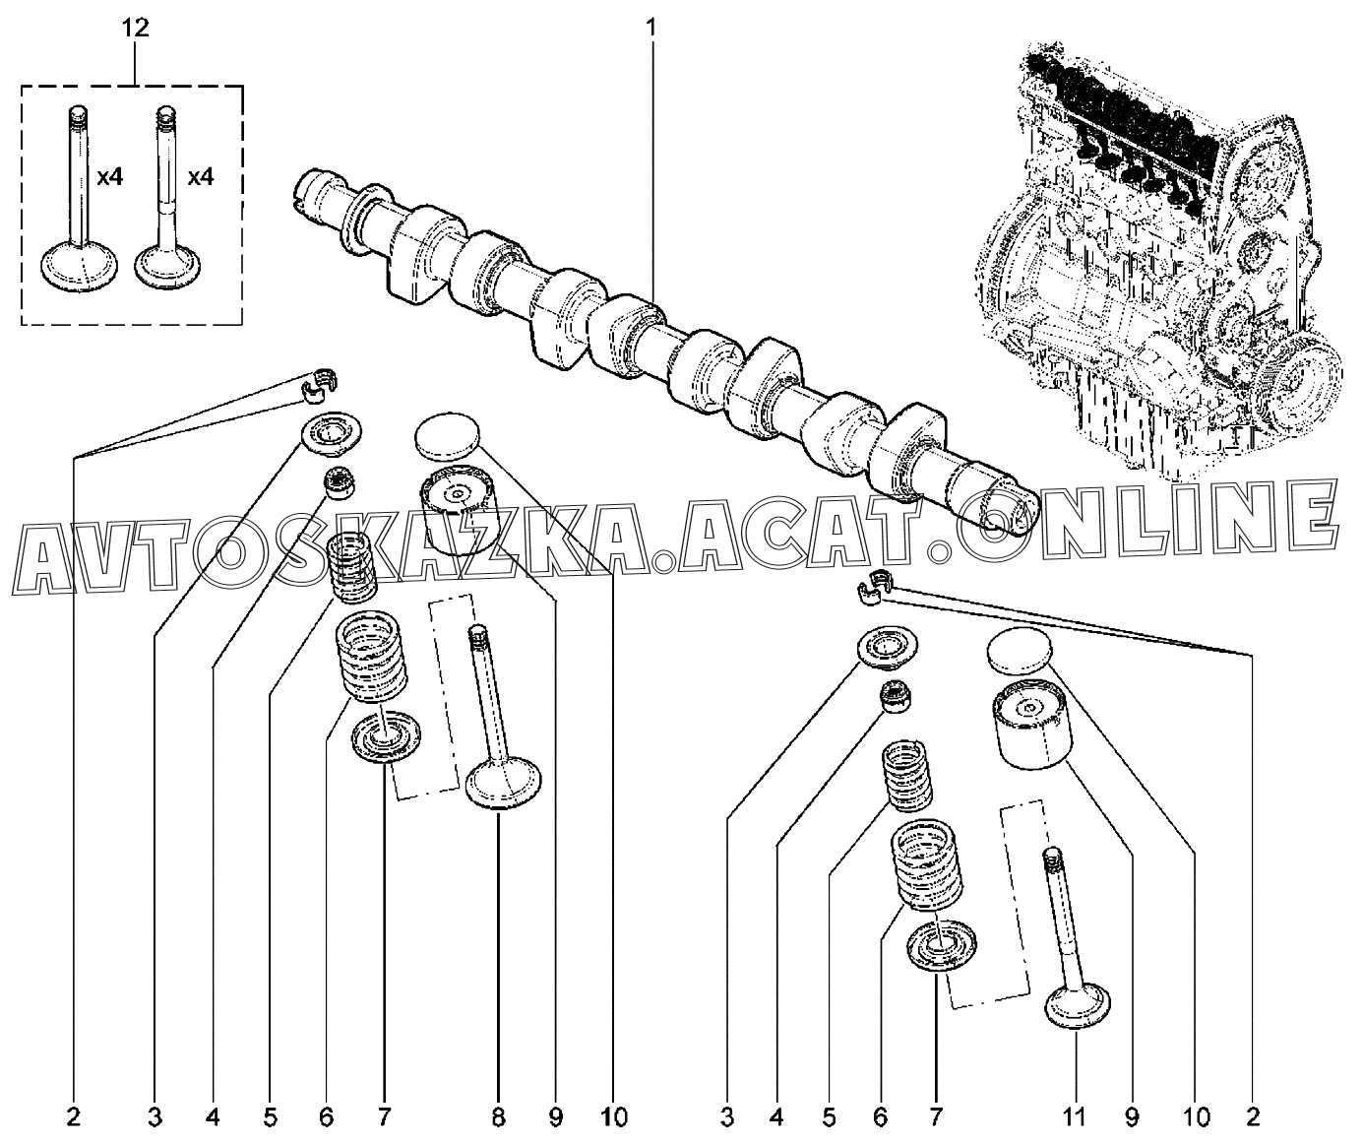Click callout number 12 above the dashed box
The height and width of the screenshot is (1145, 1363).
(x=136, y=28)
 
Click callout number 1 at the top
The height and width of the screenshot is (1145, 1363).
(x=651, y=28)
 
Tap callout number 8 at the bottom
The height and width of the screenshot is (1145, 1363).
(x=498, y=1116)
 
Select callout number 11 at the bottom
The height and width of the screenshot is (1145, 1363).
(x=1075, y=1116)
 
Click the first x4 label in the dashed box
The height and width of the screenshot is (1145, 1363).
(x=109, y=177)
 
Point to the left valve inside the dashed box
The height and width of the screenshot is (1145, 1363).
(x=79, y=198)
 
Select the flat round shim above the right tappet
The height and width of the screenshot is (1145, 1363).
(x=1019, y=651)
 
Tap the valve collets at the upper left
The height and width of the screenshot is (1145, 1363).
(x=320, y=387)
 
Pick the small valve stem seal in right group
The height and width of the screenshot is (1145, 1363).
(x=895, y=697)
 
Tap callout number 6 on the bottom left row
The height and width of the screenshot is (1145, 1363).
(x=327, y=1116)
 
